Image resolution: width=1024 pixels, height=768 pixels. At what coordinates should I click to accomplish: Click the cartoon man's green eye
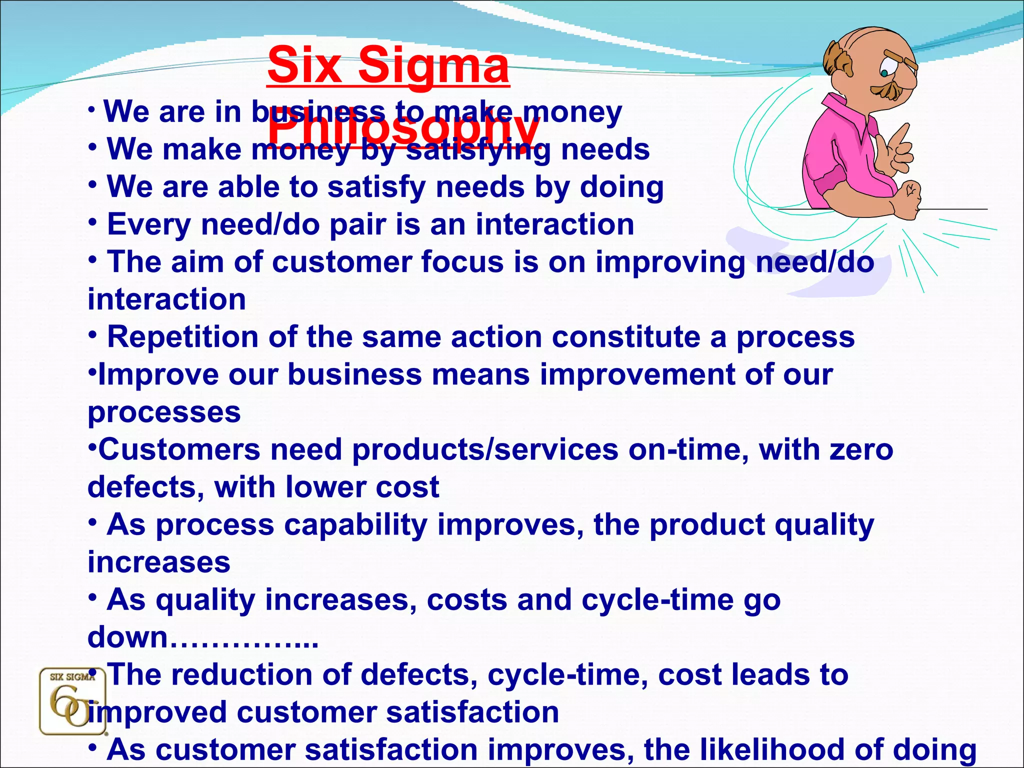tap(884, 73)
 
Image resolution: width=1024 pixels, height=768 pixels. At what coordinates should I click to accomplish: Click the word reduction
tap(257, 674)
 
